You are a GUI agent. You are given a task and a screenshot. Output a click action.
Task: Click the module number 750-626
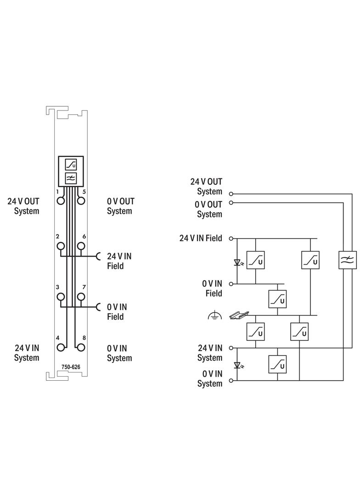71,367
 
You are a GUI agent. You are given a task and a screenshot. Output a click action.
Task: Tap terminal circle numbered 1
61,200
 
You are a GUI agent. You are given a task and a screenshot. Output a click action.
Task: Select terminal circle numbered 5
81,200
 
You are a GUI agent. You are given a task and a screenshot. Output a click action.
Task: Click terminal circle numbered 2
61,246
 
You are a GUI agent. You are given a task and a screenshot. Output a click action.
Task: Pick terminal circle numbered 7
81,297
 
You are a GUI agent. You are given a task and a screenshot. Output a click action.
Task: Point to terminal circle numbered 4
61,347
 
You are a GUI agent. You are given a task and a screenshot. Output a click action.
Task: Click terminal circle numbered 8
81,347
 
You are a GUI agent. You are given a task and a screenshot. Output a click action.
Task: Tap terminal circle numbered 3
61,297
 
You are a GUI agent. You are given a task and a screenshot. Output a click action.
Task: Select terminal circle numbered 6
81,246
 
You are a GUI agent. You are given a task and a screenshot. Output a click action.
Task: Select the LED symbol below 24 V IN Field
238,263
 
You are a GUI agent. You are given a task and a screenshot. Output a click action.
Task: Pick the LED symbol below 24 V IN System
238,365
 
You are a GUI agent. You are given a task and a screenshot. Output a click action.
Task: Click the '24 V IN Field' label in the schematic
201,238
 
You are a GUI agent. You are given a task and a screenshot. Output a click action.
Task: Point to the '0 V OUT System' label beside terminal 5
121,206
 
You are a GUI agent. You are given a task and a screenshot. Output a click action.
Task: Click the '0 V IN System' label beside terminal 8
119,353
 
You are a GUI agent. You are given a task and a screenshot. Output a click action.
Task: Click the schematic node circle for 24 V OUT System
231,194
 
